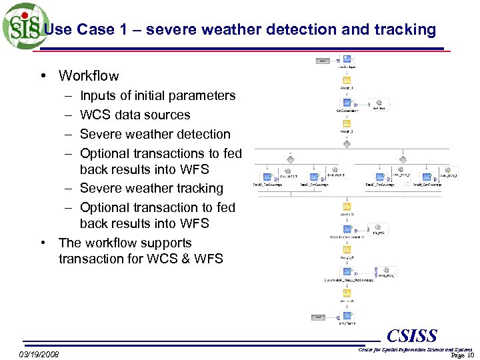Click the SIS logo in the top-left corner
pyautogui.click(x=25, y=26)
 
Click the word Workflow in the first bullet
pyautogui.click(x=89, y=76)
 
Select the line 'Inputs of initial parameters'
pyautogui.click(x=157, y=95)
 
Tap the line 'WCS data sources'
pyautogui.click(x=135, y=115)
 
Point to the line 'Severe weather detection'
pyautogui.click(x=155, y=134)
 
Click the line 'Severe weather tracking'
pyautogui.click(x=151, y=189)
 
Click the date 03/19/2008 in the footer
pyautogui.click(x=39, y=354)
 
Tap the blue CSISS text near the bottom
pyautogui.click(x=411, y=336)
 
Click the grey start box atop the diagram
pyautogui.click(x=323, y=61)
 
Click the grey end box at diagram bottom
pyautogui.click(x=319, y=317)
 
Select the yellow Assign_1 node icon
pyautogui.click(x=347, y=80)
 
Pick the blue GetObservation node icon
pyautogui.click(x=347, y=102)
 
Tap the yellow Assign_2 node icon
pyautogui.click(x=347, y=123)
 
